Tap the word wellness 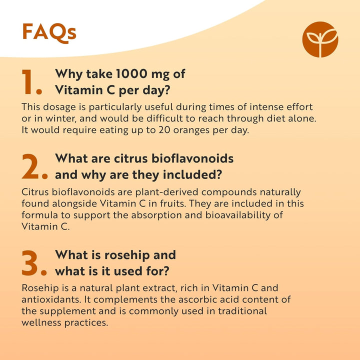point(42,322)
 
